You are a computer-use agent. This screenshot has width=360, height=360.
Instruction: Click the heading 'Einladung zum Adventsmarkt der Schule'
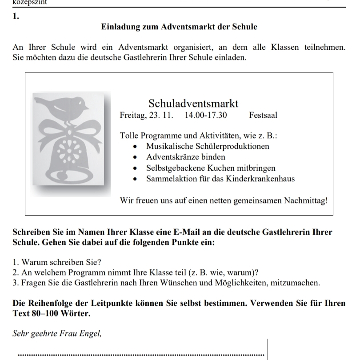[x=180, y=27]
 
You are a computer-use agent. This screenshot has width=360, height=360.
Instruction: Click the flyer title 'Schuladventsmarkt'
[x=193, y=104]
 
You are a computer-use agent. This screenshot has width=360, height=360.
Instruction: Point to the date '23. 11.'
[x=162, y=116]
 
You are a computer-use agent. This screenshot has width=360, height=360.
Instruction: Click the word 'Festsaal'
[x=263, y=116]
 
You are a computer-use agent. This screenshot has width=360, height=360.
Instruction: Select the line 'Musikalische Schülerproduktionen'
[x=208, y=146]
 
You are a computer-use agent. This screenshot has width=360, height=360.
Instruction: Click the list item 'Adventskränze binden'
[x=185, y=157]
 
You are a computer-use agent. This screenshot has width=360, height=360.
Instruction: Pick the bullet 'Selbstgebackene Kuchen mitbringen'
[x=211, y=168]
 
